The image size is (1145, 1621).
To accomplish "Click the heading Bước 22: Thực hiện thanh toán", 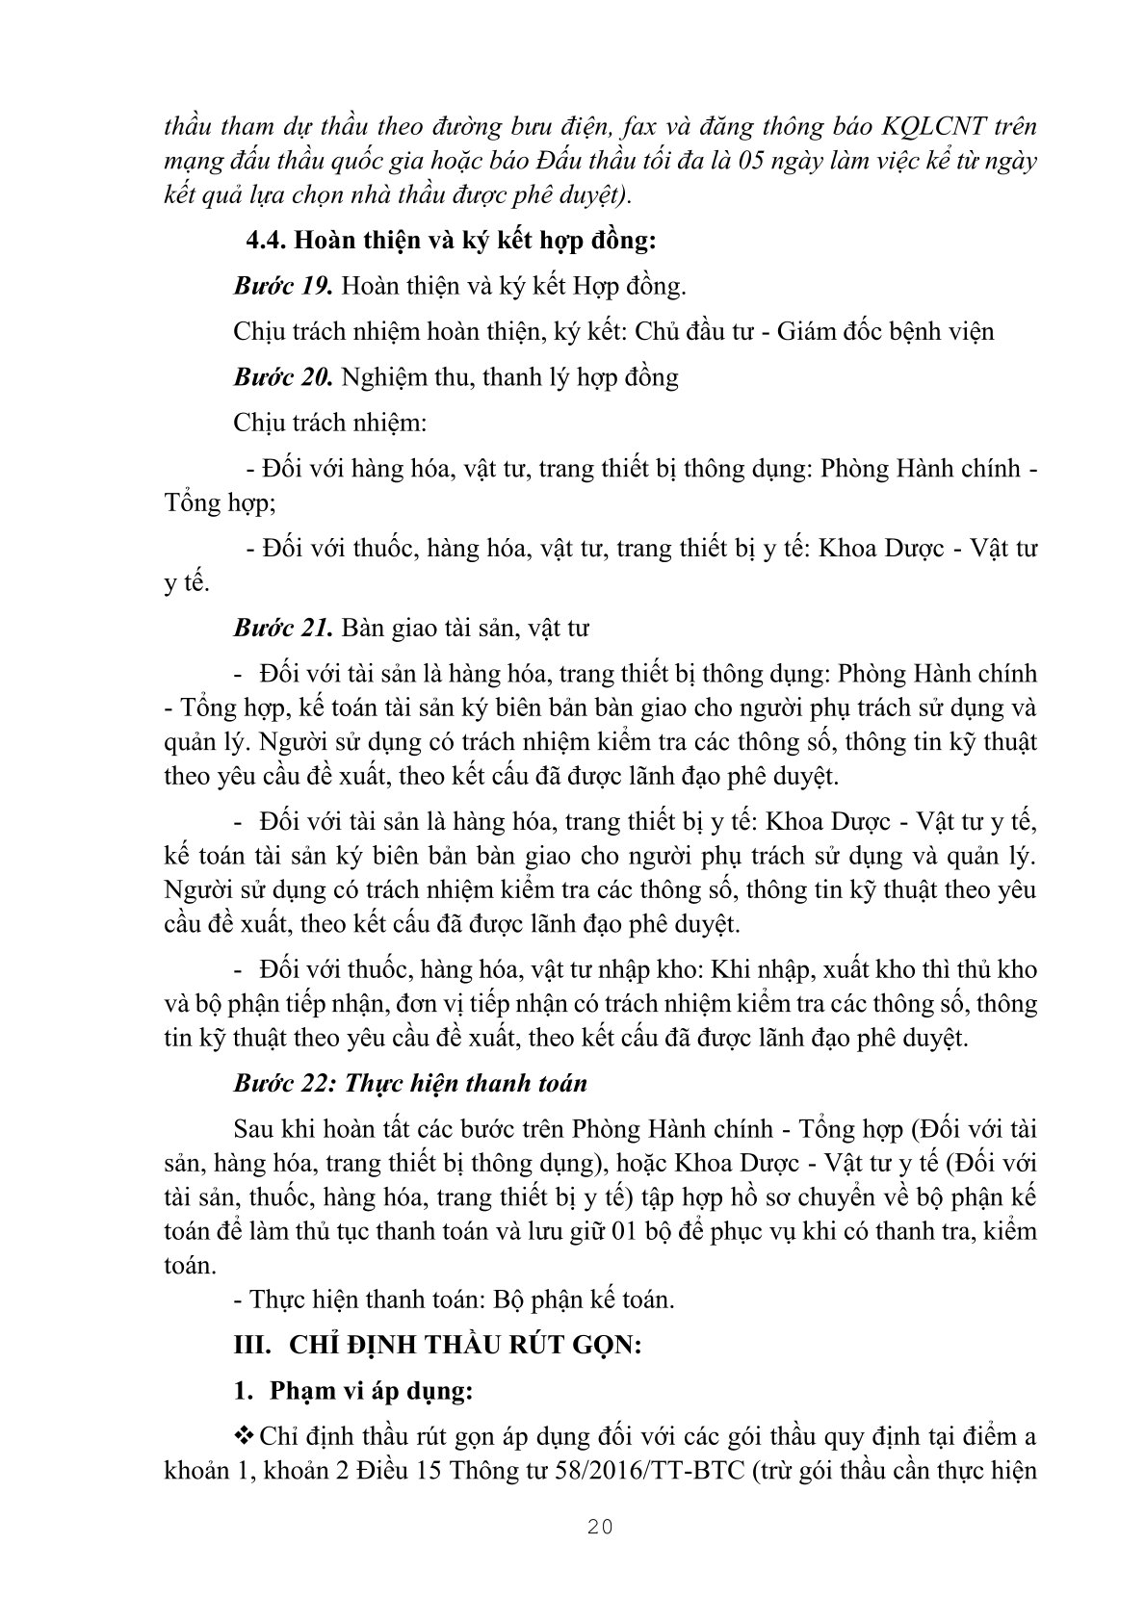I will [x=409, y=1083].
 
